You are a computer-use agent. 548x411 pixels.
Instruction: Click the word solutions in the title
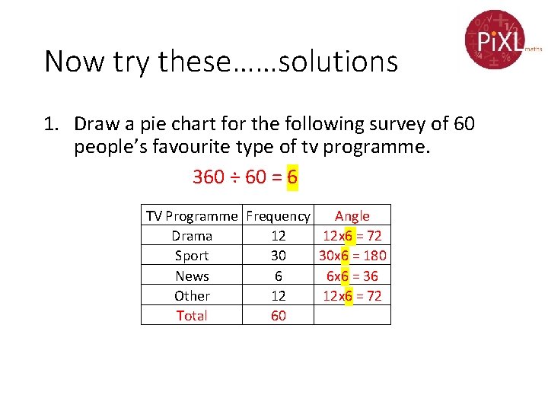tap(338, 62)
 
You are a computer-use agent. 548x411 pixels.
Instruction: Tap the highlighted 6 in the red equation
tap(292, 177)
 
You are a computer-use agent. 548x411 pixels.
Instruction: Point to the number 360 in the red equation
tap(209, 177)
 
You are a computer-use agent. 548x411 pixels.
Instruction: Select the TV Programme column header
tap(192, 216)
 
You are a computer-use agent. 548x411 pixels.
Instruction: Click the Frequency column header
tap(279, 216)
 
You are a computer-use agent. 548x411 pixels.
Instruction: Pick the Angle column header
tap(352, 216)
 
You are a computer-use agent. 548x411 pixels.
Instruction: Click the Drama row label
tap(192, 236)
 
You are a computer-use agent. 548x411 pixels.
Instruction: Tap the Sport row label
tap(192, 256)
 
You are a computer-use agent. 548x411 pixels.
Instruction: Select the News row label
tap(192, 276)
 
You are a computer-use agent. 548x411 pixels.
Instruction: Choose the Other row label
tap(192, 295)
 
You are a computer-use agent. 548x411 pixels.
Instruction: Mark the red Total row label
tap(192, 315)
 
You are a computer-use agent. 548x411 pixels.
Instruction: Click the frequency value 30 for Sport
tap(279, 256)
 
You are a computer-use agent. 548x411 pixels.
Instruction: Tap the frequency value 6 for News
tap(279, 276)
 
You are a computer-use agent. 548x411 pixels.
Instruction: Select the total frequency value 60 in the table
tap(279, 315)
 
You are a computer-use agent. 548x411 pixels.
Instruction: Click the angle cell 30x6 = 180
tap(352, 256)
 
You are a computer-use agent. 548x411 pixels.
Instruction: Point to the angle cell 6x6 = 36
tap(352, 276)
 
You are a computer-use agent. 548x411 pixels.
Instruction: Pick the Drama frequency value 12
tap(279, 236)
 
